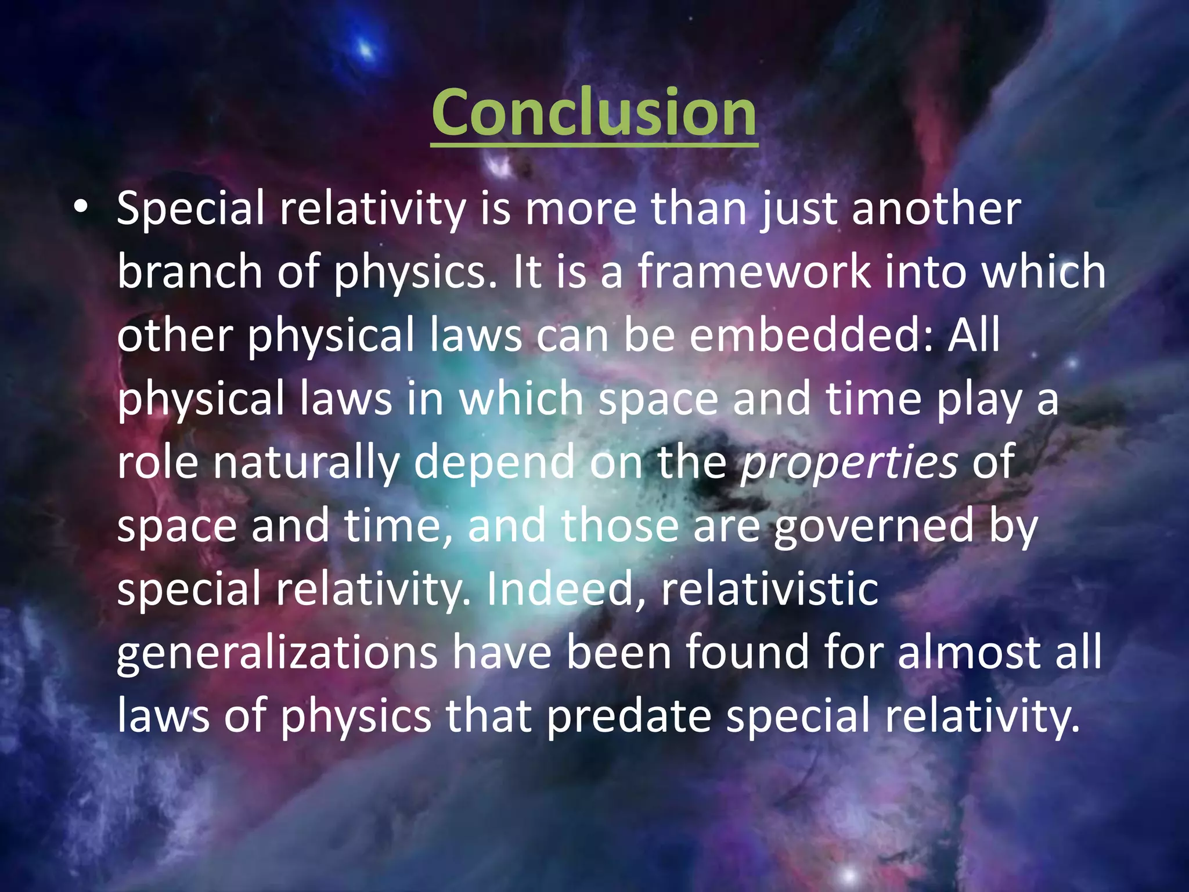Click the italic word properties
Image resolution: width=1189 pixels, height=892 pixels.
[849, 462]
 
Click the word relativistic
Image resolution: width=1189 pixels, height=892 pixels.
[770, 589]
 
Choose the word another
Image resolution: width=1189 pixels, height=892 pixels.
[936, 208]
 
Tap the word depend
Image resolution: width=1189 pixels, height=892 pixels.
[494, 462]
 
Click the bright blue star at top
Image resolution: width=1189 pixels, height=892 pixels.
[365, 49]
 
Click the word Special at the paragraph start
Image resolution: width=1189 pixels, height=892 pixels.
[190, 208]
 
